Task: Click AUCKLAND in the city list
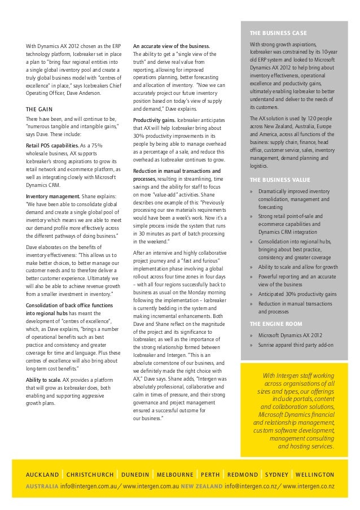click(42, 474)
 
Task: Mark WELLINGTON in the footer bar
click(314, 474)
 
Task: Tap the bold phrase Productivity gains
click(152, 120)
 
